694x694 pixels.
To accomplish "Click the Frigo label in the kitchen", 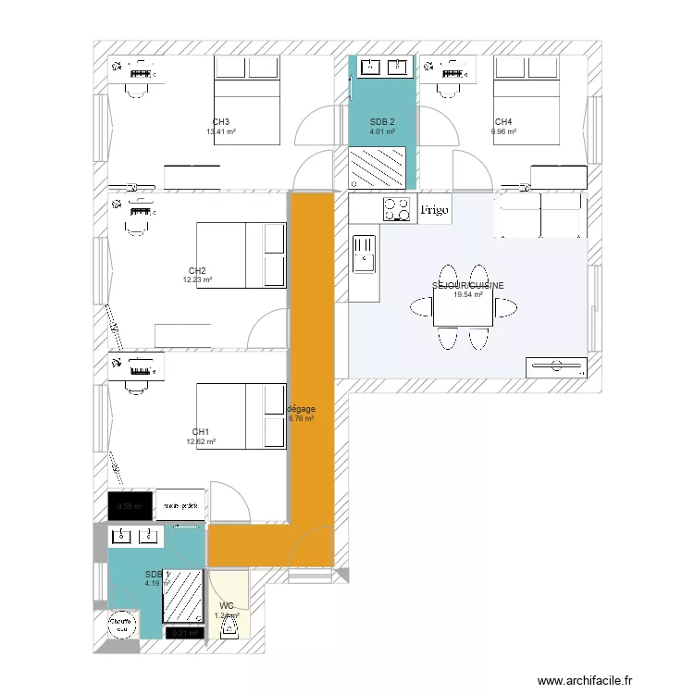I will (x=435, y=211).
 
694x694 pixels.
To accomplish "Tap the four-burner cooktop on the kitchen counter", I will (x=398, y=210).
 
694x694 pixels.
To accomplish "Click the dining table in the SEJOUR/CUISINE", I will (x=464, y=313).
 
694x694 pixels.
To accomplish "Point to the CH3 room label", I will (x=220, y=122).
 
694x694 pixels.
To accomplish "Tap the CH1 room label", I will (x=200, y=432).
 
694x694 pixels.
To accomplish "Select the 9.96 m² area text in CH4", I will (x=503, y=131).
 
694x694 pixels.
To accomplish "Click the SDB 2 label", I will (x=382, y=122).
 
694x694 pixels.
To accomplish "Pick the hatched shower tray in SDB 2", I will (x=377, y=169).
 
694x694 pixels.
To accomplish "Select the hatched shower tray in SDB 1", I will (x=183, y=595).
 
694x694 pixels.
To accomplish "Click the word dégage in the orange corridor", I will (x=302, y=408).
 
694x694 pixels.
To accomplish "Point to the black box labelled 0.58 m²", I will (x=130, y=505).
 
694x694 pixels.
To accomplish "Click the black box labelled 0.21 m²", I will (x=183, y=633).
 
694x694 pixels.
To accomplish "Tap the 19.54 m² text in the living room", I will (x=468, y=295).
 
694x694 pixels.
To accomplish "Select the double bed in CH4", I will (x=526, y=100).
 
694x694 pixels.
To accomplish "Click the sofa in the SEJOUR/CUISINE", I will (x=540, y=215).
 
